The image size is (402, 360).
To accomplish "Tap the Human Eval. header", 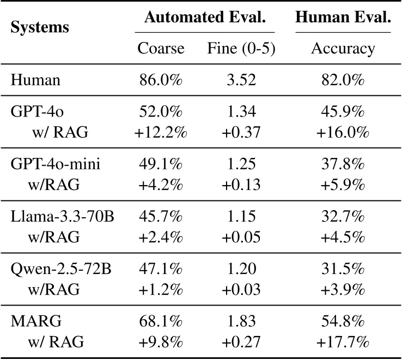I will tap(343, 18).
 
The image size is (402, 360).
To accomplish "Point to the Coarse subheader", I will tap(161, 49).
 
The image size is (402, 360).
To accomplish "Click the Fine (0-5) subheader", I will tap(241, 49).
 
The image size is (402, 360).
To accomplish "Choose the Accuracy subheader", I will tap(343, 49).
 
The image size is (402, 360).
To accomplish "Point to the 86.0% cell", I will tap(161, 81).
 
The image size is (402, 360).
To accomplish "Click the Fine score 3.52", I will tap(241, 81).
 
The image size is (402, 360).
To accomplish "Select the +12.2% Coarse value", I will tap(161, 133).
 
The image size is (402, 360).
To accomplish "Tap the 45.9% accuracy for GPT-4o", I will tap(343, 113).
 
